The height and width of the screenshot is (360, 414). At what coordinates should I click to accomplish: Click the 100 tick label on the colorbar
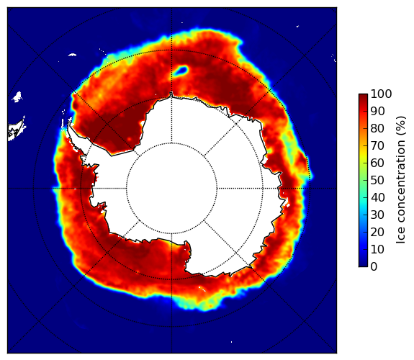tap(381, 94)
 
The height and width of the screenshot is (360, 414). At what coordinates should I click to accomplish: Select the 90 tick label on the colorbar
tap(377, 111)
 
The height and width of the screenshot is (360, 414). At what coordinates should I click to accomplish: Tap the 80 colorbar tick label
tap(377, 128)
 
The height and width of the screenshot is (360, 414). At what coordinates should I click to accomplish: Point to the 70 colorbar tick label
tap(377, 145)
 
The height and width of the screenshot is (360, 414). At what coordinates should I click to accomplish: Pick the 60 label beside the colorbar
tap(377, 163)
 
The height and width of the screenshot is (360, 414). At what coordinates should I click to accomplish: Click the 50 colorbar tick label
tap(377, 180)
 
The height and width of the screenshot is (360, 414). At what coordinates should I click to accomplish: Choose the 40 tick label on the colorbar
tap(377, 197)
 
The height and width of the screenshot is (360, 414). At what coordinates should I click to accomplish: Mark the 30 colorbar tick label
tap(377, 215)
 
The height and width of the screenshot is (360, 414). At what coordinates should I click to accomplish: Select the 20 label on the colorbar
tap(377, 232)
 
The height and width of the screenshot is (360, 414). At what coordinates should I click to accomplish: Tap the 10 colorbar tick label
tap(377, 249)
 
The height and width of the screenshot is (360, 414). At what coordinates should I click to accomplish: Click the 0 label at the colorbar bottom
tap(374, 267)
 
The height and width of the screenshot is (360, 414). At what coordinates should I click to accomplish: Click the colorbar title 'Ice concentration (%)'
tap(401, 180)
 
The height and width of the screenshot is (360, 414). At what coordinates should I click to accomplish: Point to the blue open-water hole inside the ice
tap(181, 71)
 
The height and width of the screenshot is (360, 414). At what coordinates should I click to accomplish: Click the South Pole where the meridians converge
tap(171, 189)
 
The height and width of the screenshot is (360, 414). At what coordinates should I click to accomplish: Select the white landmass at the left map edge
tap(17, 130)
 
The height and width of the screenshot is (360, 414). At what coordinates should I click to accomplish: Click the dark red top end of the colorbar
tap(363, 96)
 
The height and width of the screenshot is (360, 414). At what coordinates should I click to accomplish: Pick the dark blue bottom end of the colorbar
tap(363, 265)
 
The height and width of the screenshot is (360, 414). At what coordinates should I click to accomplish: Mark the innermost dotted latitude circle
tap(171, 143)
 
